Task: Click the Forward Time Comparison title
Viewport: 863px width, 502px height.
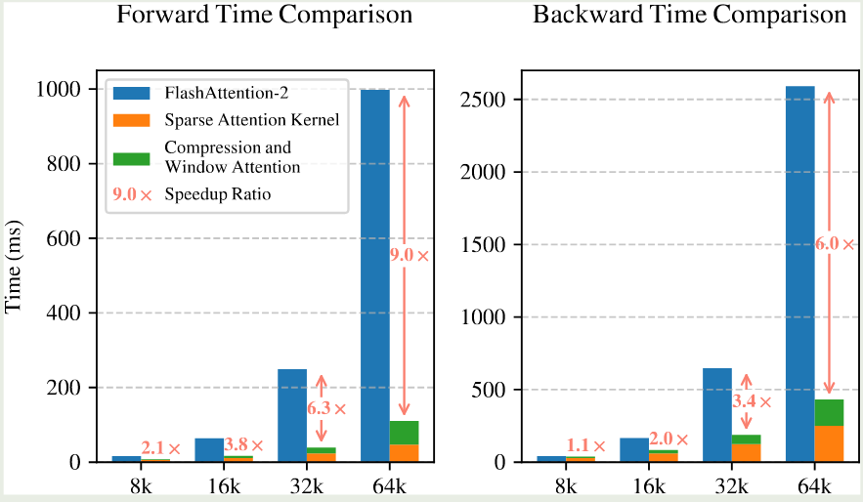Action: click(x=264, y=16)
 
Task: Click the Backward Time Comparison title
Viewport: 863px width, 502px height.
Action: click(x=689, y=16)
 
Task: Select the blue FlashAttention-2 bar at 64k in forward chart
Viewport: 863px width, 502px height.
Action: click(x=375, y=273)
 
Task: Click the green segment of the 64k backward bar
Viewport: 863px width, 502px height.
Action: click(x=829, y=412)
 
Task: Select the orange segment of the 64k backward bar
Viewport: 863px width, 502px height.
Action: click(x=829, y=443)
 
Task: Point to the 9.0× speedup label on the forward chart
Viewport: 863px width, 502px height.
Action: click(x=410, y=256)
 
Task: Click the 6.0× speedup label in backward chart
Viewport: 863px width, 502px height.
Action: click(x=835, y=245)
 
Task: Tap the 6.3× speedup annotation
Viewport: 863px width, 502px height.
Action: click(x=326, y=410)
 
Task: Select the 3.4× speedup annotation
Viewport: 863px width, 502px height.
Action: click(x=752, y=401)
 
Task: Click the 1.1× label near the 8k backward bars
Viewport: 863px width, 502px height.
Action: click(x=585, y=446)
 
